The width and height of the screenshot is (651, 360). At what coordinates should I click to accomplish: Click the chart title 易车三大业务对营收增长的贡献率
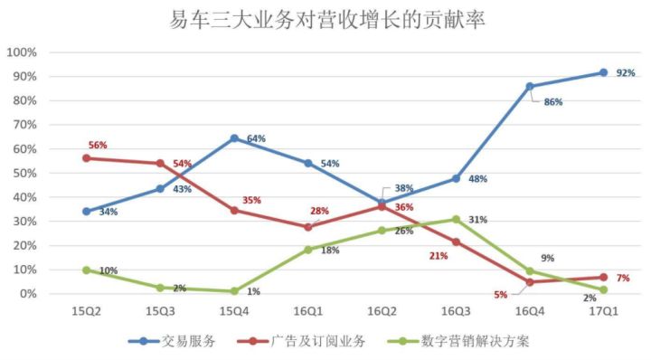tap(326, 19)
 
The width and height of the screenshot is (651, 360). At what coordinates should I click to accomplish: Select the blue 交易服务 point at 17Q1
tap(603, 72)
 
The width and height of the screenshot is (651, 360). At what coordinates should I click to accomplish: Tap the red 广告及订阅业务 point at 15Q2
tap(86, 157)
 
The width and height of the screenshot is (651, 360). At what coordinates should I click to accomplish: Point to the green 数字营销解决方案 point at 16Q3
tap(456, 219)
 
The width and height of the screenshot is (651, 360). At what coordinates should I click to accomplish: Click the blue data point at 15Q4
tap(234, 138)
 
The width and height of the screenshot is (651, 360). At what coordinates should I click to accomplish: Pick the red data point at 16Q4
tap(530, 281)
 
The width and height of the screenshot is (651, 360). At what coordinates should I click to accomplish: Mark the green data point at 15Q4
tap(234, 291)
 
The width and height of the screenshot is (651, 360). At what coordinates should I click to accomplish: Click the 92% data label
tap(626, 73)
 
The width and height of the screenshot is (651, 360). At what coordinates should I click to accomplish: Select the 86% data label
tap(552, 102)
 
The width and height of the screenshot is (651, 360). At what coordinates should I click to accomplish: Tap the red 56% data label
tap(98, 145)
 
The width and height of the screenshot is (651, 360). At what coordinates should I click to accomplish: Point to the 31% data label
tap(478, 220)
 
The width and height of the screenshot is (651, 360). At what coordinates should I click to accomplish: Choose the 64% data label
tap(256, 139)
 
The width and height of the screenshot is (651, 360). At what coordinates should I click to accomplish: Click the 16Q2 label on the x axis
tap(382, 311)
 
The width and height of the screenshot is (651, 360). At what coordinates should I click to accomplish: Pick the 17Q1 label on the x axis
tap(603, 311)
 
